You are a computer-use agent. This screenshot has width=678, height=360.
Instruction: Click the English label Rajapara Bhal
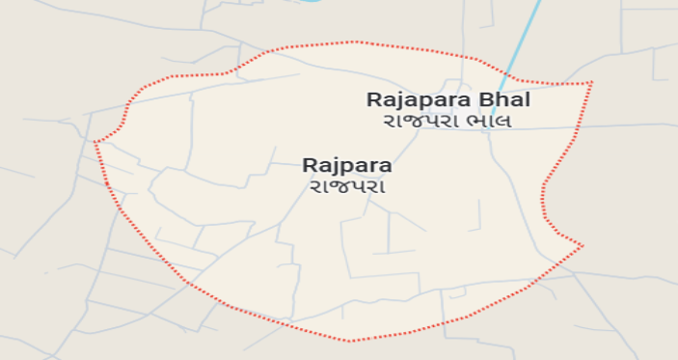448,98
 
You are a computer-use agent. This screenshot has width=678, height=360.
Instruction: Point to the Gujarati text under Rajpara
346,185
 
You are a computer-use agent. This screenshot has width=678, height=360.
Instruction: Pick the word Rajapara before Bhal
418,98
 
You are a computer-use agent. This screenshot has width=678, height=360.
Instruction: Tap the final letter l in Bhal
528,98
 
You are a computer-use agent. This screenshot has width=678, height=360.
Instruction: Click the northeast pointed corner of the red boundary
591,83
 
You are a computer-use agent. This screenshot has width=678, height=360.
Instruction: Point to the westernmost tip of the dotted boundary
95,143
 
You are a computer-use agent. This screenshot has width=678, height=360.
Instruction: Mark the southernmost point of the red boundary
351,341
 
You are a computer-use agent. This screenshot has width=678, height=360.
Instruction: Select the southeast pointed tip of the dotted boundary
583,245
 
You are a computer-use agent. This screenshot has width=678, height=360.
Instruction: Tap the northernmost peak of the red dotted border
355,42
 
